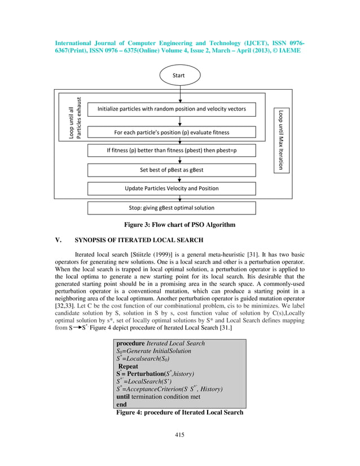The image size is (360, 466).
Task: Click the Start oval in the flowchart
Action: [x=179, y=74]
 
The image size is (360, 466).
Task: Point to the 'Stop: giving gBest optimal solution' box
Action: [x=172, y=208]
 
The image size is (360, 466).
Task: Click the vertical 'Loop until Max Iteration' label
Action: [x=281, y=139]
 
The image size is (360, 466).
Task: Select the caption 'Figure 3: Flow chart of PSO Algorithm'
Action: [x=179, y=225]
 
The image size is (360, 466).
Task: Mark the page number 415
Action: [x=179, y=434]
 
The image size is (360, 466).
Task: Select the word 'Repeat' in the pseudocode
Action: [x=128, y=366]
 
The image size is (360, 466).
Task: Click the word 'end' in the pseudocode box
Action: [x=121, y=405]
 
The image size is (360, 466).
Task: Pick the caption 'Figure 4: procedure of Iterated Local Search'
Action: [x=179, y=412]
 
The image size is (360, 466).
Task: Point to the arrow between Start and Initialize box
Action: [x=179, y=94]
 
